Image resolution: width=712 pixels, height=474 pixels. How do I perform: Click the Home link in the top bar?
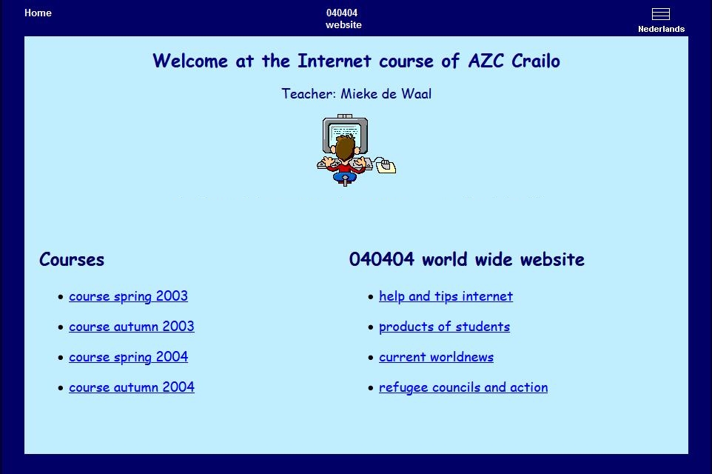point(38,13)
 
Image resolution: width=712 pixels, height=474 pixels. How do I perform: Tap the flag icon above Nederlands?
point(661,14)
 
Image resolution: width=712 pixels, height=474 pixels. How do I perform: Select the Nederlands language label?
point(661,29)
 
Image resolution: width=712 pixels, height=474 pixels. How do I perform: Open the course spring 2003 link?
point(128,296)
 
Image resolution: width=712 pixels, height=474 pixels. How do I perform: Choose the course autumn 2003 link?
point(132,327)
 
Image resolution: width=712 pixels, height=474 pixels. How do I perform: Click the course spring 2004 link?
point(129,357)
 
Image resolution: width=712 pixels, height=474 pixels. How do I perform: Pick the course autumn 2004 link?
point(132,387)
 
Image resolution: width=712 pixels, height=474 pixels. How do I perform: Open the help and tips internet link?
point(446,296)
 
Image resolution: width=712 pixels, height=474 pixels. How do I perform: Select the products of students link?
point(445,327)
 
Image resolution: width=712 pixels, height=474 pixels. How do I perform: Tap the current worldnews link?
point(437,357)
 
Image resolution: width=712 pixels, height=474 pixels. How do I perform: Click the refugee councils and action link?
point(463,387)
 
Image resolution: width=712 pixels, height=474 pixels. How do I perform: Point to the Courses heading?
point(72,259)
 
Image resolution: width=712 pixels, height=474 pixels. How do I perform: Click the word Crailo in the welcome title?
point(536,61)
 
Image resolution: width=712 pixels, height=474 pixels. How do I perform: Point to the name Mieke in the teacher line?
point(359,93)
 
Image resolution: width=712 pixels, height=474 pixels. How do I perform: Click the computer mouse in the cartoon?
point(385,165)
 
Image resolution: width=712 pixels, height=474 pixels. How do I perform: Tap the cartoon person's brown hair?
point(345,147)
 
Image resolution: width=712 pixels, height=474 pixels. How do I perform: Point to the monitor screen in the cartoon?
point(346,133)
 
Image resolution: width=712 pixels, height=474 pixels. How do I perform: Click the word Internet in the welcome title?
point(335,61)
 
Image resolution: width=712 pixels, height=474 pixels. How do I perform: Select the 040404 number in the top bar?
point(342,13)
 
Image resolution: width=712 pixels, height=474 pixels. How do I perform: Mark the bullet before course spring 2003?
point(61,297)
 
